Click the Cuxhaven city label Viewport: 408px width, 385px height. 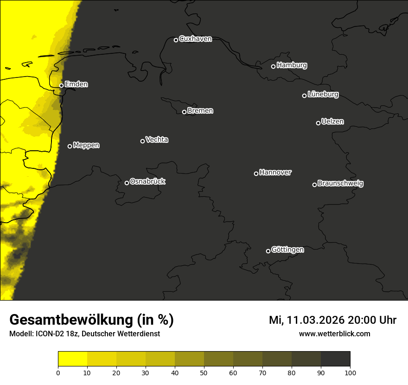(195, 39)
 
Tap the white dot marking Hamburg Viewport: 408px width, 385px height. (274, 66)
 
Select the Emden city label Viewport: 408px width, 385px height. (76, 84)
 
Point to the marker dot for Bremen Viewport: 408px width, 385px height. (184, 112)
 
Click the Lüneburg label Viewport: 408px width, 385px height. (323, 95)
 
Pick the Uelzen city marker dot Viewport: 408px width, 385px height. (318, 123)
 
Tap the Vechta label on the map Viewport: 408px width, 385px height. (157, 140)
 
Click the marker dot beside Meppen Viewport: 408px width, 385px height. (70, 146)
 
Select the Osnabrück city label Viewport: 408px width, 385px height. (147, 181)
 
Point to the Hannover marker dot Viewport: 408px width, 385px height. (256, 173)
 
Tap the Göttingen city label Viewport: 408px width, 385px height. (287, 250)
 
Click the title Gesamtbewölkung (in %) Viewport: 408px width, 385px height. (91, 320)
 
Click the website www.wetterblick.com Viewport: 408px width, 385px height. (334, 334)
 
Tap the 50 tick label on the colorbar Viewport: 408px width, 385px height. (204, 372)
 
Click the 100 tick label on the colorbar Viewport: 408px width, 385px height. (350, 372)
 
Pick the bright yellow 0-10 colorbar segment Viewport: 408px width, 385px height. (72, 359)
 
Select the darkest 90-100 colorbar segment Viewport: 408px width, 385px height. (335, 359)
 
